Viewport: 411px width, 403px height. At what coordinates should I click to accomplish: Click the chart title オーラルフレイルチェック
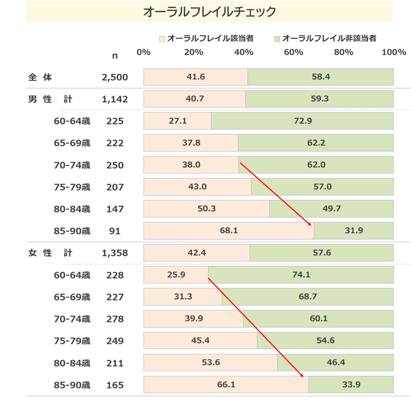[x=210, y=12]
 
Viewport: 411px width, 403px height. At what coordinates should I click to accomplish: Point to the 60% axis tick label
[x=293, y=52]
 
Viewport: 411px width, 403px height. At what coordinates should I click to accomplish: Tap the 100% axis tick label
[x=393, y=52]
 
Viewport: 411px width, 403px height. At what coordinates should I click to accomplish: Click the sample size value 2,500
[x=114, y=77]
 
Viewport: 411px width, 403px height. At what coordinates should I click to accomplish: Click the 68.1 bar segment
[x=228, y=231]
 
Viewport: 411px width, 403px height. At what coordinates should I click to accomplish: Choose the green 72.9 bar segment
[x=302, y=121]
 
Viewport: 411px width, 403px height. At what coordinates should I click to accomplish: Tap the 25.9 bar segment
[x=176, y=275]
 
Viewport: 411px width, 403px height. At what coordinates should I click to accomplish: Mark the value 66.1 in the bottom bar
[x=226, y=385]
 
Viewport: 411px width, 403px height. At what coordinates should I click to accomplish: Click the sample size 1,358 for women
[x=114, y=253]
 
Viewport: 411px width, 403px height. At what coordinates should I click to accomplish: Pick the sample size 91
[x=115, y=231]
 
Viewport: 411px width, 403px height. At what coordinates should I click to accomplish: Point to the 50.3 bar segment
[x=206, y=209]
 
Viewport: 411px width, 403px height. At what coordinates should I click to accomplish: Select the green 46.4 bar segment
[x=335, y=363]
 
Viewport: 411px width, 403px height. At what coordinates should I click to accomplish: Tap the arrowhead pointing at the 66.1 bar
[x=302, y=375]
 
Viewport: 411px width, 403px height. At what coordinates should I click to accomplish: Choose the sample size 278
[x=115, y=319]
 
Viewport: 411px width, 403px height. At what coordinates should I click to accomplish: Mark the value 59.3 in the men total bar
[x=319, y=99]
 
